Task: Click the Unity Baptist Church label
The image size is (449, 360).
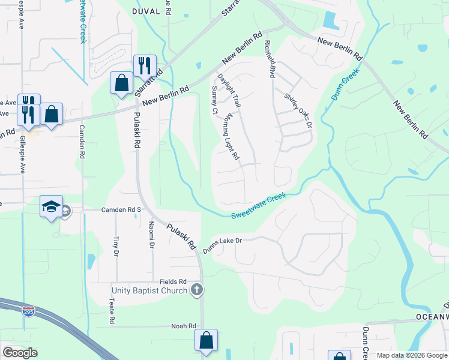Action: coord(149,291)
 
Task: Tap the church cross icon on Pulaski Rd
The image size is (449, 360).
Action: coord(196,291)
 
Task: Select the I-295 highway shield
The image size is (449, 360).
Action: coord(29,311)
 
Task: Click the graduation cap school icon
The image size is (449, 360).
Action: coord(51,207)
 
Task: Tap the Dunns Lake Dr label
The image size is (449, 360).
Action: coord(221,244)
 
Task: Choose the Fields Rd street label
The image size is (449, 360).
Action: coord(173,281)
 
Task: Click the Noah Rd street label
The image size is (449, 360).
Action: coord(184,326)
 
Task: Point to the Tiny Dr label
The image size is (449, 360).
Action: coord(116,245)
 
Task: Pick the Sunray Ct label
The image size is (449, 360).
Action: coord(214,100)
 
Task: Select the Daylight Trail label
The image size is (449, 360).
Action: coord(229,91)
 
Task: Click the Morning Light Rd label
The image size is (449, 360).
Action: coord(232,137)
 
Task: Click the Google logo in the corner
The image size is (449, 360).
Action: coord(20,353)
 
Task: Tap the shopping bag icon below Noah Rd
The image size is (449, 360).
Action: coord(206,340)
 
